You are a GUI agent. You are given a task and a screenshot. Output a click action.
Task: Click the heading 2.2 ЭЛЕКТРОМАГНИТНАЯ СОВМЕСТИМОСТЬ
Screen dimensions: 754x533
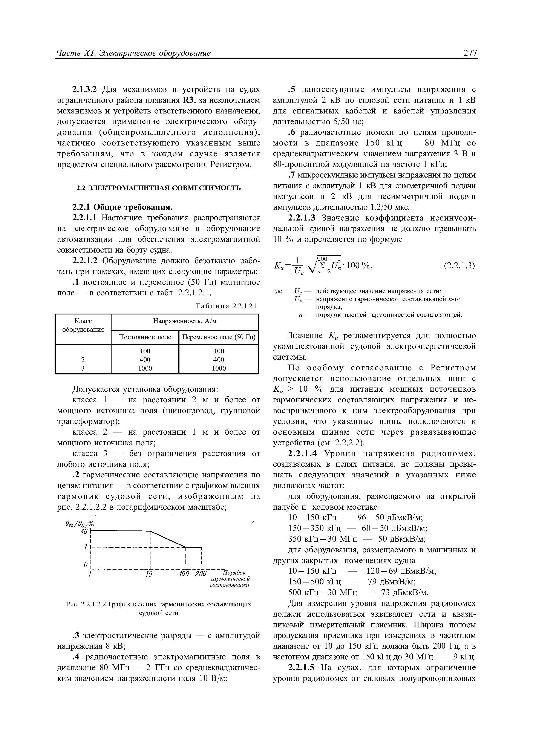pyautogui.click(x=159, y=188)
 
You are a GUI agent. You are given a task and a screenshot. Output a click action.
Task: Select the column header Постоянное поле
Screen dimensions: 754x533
pyautogui.click(x=145, y=337)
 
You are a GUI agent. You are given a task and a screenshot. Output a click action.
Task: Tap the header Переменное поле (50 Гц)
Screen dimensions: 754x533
pyautogui.click(x=219, y=337)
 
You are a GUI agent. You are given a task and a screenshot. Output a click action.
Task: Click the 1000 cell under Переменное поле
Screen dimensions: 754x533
pyautogui.click(x=219, y=368)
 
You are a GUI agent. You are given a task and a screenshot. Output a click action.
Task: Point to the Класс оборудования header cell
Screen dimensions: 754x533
pyautogui.click(x=83, y=325)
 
